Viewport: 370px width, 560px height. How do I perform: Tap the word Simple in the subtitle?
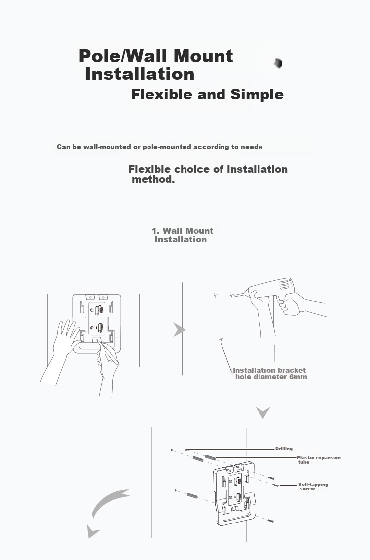pos(257,94)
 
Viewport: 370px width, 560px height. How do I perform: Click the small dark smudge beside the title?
pos(278,63)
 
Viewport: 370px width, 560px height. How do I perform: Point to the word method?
pos(153,179)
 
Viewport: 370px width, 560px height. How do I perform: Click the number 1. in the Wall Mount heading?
pos(155,231)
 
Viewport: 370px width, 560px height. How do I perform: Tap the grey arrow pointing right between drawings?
pos(179,329)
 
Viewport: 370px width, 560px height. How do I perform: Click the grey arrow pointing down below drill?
pos(263,413)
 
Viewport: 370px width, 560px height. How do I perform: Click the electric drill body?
pos(271,287)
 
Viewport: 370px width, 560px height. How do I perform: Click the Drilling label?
pos(284,449)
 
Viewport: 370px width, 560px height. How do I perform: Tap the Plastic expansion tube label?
pos(319,460)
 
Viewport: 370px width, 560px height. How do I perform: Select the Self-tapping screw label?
pos(313,486)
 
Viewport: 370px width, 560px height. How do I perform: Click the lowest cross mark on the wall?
pos(221,338)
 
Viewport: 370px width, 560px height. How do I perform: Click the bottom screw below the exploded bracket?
pos(270,521)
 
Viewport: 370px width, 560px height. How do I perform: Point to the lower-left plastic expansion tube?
pos(192,495)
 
